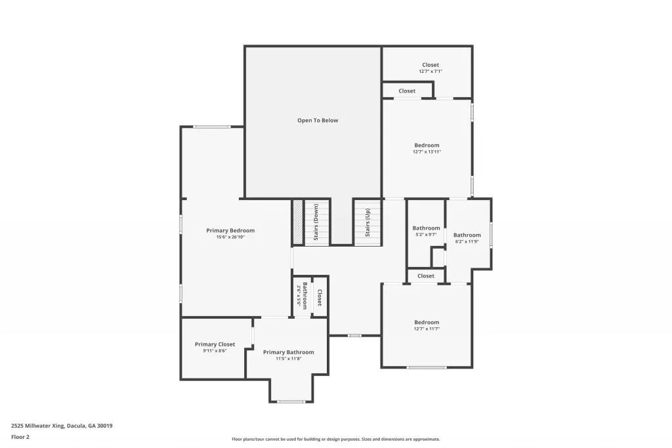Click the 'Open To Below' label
pos(318,120)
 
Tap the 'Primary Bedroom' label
pos(230,230)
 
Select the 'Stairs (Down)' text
pos(316,222)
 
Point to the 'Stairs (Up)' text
pos(367,222)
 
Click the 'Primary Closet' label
pos(215,344)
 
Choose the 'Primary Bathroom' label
pos(288,352)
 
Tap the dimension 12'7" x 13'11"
pos(427,152)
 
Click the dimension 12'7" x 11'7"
pos(427,329)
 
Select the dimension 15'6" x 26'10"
pos(230,237)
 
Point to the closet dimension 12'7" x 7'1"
pos(430,71)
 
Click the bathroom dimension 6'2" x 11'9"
pos(467,241)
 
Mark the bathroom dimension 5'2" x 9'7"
pos(426,235)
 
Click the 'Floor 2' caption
pos(20,437)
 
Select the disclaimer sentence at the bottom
pos(335,439)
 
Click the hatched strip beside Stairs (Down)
pos(298,222)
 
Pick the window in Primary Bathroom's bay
pos(291,401)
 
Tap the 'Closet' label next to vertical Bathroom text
pos(320,297)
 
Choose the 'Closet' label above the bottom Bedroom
pos(426,276)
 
